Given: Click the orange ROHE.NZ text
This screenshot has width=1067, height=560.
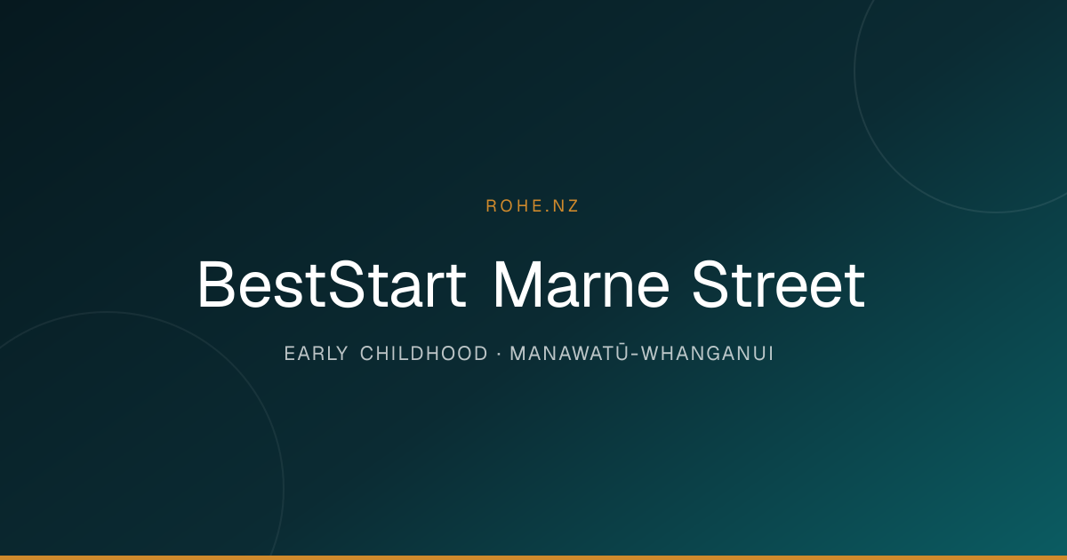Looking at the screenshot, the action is tap(532, 205).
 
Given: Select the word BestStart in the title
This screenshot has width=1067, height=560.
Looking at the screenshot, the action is tap(332, 284).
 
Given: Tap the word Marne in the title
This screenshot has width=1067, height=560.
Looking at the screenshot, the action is tap(582, 284).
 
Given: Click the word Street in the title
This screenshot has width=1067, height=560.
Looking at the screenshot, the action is tap(778, 284).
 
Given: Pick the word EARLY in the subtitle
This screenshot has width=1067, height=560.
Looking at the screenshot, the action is tap(317, 354).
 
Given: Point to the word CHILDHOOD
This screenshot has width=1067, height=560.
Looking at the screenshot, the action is tap(424, 354).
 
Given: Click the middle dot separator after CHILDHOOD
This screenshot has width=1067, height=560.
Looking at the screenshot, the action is tap(499, 354).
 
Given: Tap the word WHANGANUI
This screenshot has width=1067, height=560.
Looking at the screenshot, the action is tap(707, 354).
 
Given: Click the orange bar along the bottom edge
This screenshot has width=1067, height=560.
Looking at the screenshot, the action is tap(533, 557).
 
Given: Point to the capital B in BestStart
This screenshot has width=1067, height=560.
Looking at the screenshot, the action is tap(216, 284).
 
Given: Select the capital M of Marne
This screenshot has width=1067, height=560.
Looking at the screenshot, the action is tap(517, 284).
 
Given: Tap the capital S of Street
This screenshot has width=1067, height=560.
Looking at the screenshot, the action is tap(711, 284).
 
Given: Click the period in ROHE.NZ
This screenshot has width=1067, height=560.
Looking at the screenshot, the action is tap(546, 212).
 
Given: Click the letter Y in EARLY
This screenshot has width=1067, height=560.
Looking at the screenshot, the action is tap(342, 354).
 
